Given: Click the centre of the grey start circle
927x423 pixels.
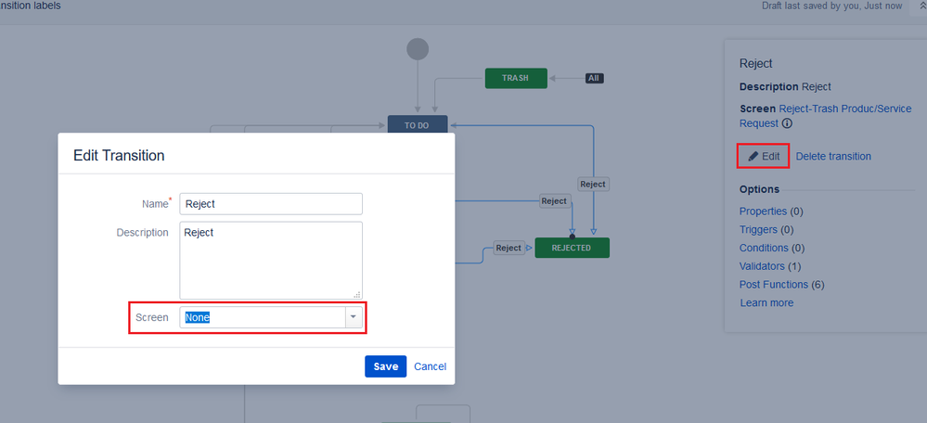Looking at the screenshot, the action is [x=418, y=49].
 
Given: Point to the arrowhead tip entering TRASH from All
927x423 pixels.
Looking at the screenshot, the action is [x=548, y=78].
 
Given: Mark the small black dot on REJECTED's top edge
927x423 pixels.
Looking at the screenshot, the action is [x=572, y=237].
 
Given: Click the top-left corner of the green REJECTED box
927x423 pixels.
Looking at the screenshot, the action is [x=535, y=238].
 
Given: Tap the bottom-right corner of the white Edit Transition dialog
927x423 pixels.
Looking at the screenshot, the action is [x=455, y=385].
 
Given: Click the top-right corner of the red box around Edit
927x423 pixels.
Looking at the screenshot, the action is [x=790, y=144].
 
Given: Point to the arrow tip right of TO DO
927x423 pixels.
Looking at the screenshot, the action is [x=449, y=125].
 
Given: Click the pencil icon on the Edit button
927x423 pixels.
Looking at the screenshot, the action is [x=753, y=157].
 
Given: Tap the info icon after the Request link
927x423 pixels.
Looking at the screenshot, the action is [x=787, y=124].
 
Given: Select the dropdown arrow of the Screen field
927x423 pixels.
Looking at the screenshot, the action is [x=354, y=317].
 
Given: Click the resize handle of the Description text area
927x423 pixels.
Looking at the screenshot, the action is [x=357, y=294].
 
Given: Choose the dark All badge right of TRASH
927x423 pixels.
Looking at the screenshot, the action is [x=594, y=78].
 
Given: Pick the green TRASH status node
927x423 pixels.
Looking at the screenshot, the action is [x=516, y=78].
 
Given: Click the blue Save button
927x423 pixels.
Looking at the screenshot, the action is [x=385, y=366].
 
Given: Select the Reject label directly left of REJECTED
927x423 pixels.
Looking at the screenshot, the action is [x=509, y=248].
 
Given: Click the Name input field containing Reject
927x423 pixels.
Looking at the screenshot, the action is [x=271, y=204].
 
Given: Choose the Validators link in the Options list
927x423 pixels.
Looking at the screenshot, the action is [x=762, y=266].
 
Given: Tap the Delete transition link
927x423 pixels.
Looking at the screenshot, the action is [x=833, y=157].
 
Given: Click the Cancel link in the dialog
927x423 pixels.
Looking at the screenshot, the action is [x=430, y=366].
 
